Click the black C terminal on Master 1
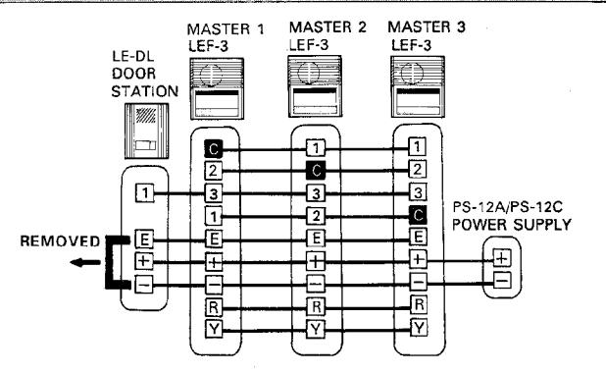(214, 149)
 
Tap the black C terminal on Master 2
(316, 170)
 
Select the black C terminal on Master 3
(418, 215)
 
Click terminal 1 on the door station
(144, 193)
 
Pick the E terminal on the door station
(144, 240)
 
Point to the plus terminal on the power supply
(502, 258)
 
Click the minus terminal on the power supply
(502, 280)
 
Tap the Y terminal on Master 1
(214, 329)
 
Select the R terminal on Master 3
(419, 304)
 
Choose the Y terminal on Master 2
(316, 330)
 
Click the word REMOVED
(60, 241)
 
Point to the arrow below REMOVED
(85, 263)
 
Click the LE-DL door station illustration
(146, 131)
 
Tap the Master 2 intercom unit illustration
(315, 86)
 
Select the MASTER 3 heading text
(427, 27)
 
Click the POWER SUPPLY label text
(511, 225)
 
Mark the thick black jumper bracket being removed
(110, 262)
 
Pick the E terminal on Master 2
(316, 238)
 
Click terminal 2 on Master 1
(214, 171)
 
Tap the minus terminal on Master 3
(419, 282)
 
